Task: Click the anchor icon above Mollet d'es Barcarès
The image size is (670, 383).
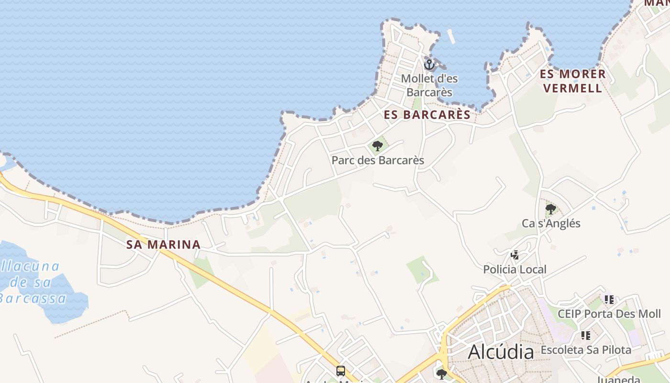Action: click(429, 64)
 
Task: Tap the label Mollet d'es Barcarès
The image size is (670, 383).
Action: click(429, 85)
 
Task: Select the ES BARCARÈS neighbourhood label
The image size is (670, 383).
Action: click(427, 115)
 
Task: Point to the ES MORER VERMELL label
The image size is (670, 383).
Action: click(573, 81)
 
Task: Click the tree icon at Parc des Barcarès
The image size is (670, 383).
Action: click(378, 146)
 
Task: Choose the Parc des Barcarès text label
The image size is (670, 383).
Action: click(378, 160)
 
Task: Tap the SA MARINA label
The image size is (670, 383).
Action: click(163, 245)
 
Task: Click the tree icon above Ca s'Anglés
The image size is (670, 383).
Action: click(550, 209)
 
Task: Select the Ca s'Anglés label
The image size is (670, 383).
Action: click(551, 223)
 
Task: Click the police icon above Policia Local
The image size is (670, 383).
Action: click(515, 255)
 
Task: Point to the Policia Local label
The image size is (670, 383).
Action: click(514, 270)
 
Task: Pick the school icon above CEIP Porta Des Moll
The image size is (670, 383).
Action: click(609, 300)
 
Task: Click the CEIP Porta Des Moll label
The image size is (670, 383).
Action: click(609, 314)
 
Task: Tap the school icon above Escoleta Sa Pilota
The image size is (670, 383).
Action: click(586, 336)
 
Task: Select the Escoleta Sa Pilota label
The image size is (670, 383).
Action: click(586, 350)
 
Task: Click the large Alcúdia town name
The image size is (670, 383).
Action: click(501, 352)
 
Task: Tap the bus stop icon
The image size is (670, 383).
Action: click(340, 371)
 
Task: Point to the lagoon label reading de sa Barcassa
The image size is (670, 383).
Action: click(32, 282)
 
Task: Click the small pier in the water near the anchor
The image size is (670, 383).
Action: click(451, 37)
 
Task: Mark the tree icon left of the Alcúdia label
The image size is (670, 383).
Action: click(442, 374)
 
